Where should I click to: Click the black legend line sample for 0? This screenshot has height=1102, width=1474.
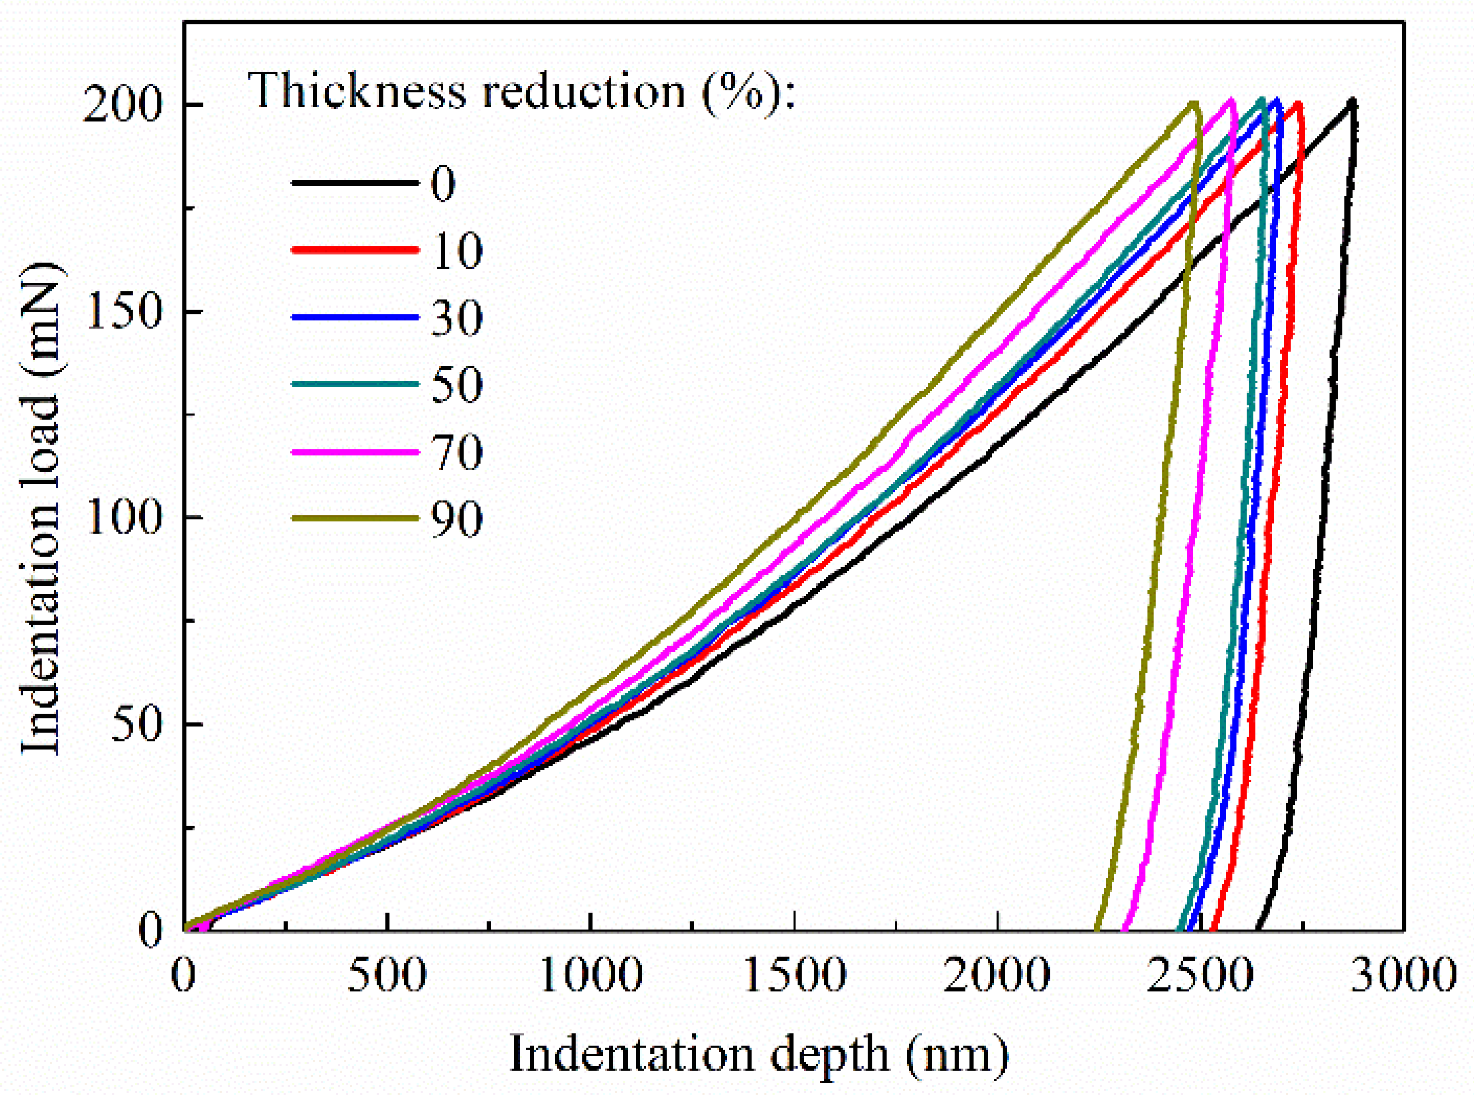coord(354,182)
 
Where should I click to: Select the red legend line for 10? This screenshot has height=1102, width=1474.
coord(354,249)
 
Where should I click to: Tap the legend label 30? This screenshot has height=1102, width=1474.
coord(456,318)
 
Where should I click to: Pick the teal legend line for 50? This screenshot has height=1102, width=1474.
coord(354,384)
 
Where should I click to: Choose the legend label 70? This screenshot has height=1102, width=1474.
coord(456,452)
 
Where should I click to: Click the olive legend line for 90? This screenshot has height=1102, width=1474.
coord(354,518)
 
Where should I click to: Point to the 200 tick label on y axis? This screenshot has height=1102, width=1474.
coord(123,105)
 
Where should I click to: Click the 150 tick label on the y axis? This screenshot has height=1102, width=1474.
coord(125,312)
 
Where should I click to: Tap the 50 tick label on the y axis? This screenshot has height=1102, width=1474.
coord(137,724)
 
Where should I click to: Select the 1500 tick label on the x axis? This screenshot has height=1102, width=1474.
coord(795,975)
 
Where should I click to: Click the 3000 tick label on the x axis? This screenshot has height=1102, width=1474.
coord(1403,975)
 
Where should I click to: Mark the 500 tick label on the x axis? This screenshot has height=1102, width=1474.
coord(386,975)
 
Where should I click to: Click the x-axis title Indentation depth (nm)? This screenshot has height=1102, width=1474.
coord(758,1054)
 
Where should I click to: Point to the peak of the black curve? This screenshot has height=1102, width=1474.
coord(1352,102)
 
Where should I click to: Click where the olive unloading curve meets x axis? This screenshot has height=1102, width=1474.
coord(1096,928)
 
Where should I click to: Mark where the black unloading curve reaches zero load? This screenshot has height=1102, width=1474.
coord(1258,928)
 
